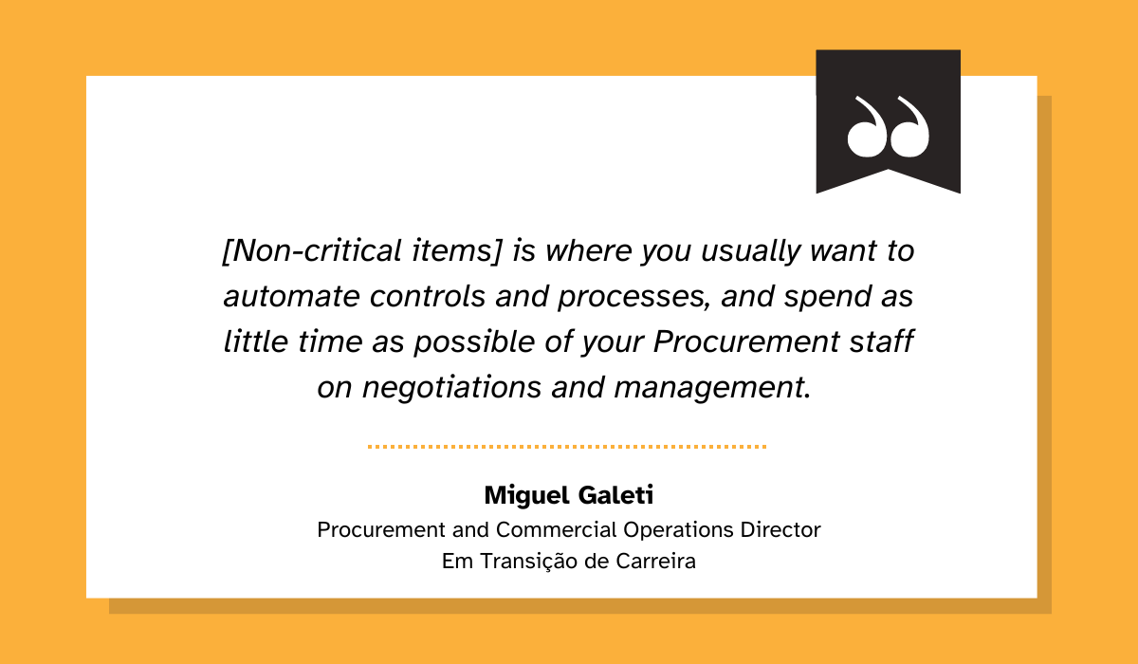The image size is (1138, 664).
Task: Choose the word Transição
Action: (x=528, y=561)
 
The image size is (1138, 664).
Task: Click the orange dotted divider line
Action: (x=567, y=446)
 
